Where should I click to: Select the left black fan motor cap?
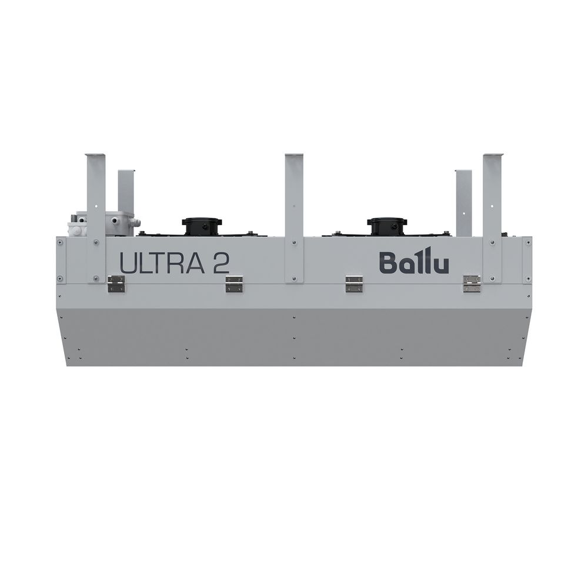point(201,226)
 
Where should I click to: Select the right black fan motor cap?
point(386,226)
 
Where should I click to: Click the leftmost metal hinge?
point(116,284)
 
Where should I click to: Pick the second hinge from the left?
point(234,284)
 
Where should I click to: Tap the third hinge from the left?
point(353,284)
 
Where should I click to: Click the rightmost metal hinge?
point(472,284)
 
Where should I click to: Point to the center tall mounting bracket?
point(294,218)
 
